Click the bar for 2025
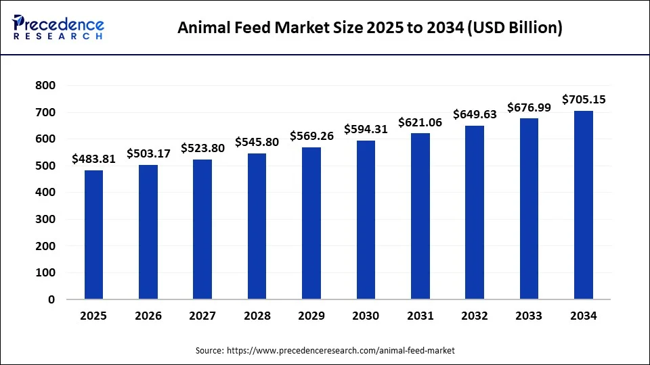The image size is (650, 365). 93,235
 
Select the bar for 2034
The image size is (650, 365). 583,205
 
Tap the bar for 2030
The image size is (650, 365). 366,220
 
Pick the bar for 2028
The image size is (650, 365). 257,226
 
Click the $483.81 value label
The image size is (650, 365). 93,160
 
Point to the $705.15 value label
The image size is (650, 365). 584,100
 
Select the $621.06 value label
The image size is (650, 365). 420,122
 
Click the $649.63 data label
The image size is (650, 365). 475,115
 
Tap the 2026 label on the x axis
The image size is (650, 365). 148,316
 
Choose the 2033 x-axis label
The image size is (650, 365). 529,316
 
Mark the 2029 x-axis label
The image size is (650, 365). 311,316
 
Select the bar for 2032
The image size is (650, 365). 474,212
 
